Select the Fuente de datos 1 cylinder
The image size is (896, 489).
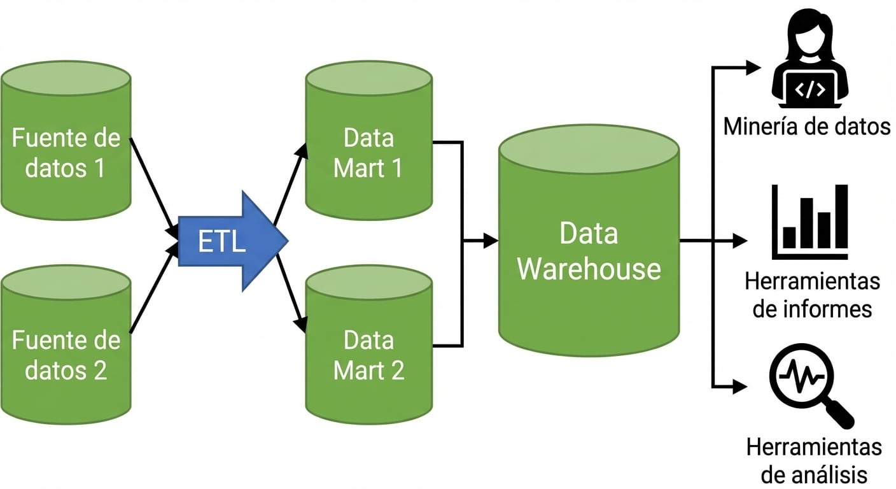[x=66, y=153]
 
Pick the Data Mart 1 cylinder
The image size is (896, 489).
[x=368, y=153]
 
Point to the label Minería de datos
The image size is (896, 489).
[x=806, y=126]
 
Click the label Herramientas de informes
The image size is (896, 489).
[x=811, y=295]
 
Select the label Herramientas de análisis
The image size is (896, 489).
[x=813, y=460]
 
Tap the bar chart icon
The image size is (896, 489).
[x=809, y=220]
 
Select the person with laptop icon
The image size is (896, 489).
[x=809, y=60]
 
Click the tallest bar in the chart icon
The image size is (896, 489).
[x=841, y=216]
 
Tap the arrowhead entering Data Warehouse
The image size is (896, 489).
[x=491, y=241]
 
